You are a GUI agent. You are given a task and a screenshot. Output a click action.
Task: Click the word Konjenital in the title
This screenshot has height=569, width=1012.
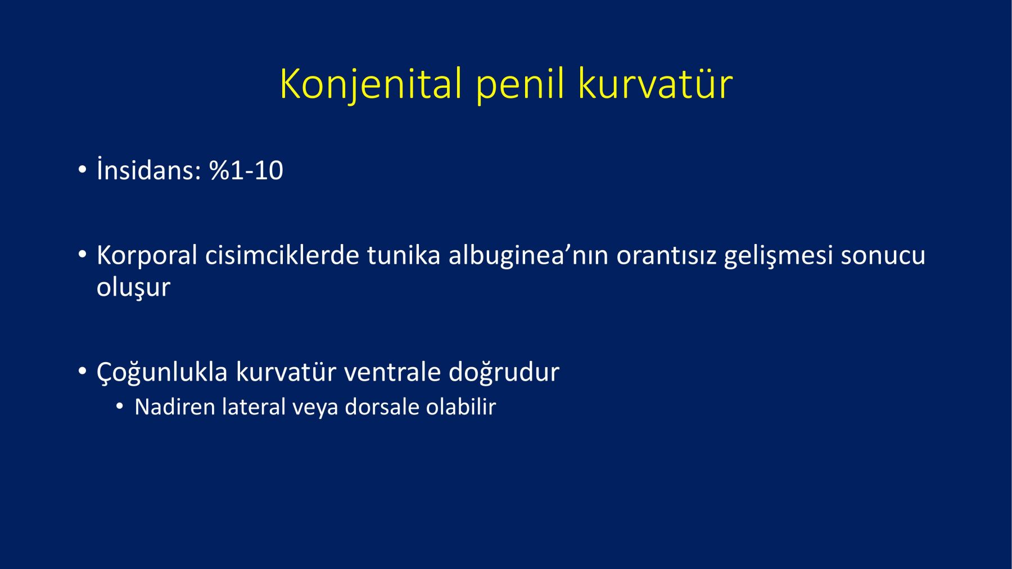(371, 84)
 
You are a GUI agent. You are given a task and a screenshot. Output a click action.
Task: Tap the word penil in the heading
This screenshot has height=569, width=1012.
(520, 84)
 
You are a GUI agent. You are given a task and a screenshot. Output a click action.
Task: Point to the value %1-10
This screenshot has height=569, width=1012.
(246, 170)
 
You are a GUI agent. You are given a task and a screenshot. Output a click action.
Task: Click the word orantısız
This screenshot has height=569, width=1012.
(666, 256)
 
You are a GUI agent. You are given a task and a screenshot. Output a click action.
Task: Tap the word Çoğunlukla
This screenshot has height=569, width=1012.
(162, 372)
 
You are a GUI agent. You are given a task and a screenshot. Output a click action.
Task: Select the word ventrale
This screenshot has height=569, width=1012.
(392, 372)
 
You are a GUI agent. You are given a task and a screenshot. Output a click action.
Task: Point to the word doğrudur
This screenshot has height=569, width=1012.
(504, 372)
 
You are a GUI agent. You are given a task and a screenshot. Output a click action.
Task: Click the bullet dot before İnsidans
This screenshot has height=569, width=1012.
(82, 170)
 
